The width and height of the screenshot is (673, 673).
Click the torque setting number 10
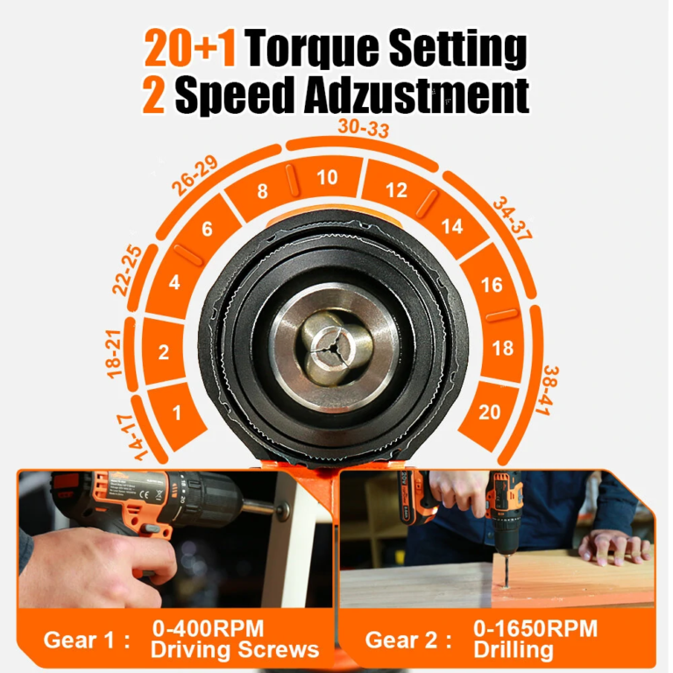coord(327,178)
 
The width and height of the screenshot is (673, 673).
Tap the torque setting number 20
coord(491,412)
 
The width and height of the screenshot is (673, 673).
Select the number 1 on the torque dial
coord(177,413)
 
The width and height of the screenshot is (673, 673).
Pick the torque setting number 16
coord(492,286)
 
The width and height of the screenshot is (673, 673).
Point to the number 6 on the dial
coord(208,230)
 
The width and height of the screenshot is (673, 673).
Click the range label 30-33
coord(363,129)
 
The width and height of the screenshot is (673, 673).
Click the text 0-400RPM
coord(209,628)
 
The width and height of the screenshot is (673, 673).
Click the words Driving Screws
coord(235,649)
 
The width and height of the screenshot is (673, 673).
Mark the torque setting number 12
coord(397,189)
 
